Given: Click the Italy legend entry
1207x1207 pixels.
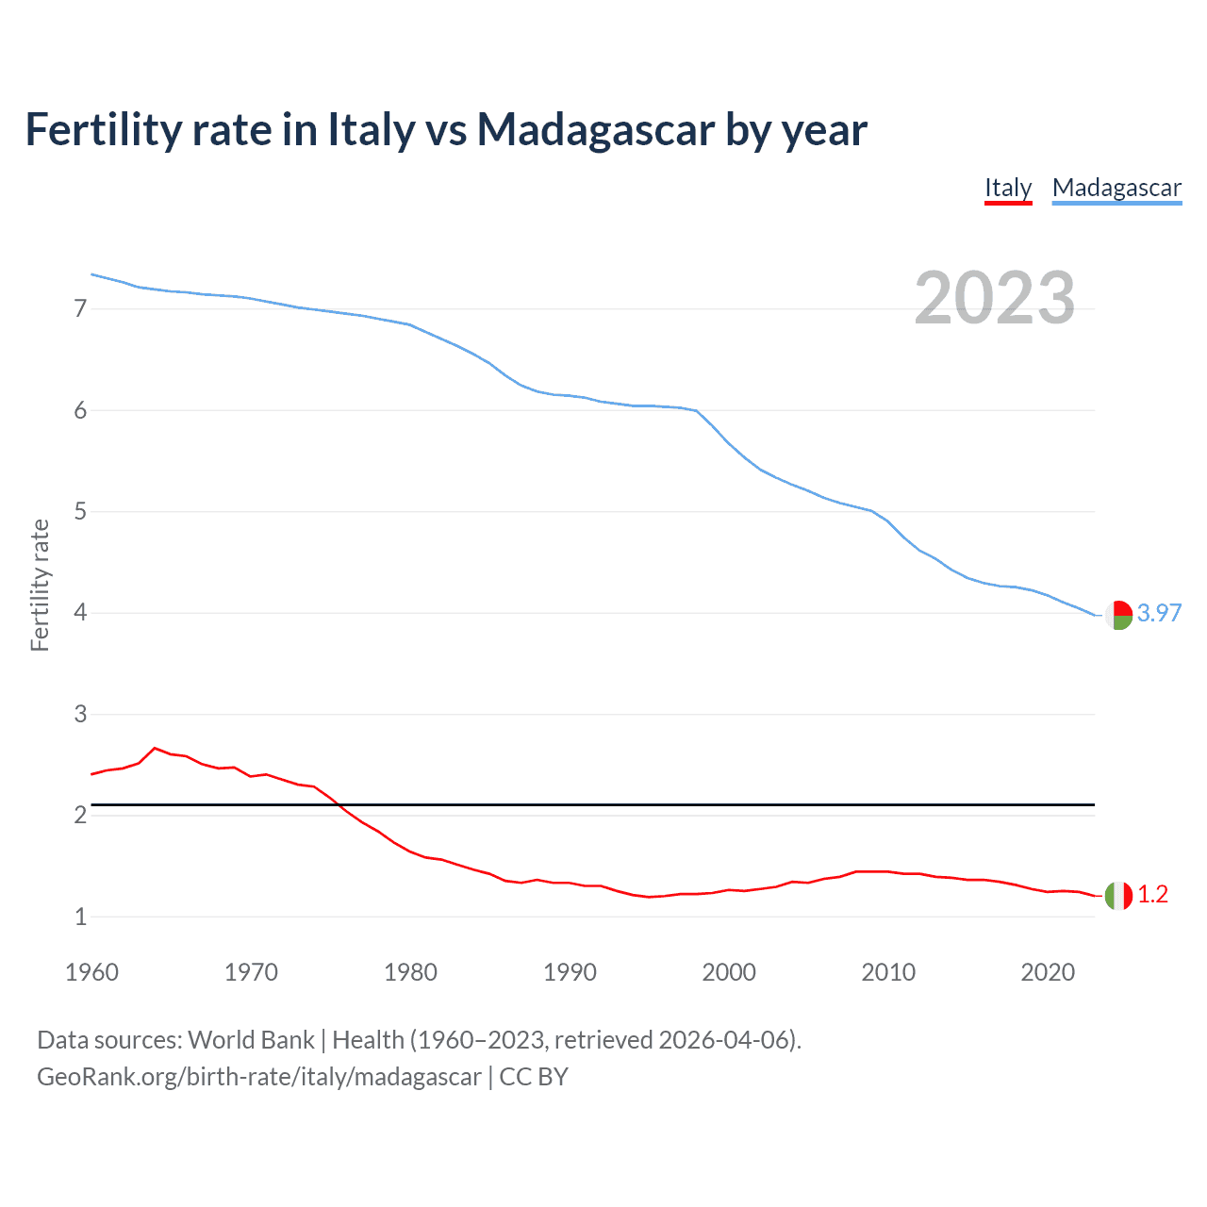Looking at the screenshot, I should click(1008, 188).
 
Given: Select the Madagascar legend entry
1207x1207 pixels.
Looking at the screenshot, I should click(1116, 188).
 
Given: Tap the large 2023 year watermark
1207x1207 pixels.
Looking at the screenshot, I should click(995, 298).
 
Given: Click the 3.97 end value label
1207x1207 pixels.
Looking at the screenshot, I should click(1159, 613).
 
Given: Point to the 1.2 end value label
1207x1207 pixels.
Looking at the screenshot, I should click(1152, 895).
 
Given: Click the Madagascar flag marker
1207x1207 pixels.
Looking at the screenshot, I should click(1118, 615).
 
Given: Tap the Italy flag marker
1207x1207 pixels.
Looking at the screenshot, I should click(1118, 895).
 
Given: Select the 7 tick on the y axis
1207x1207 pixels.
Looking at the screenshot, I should click(80, 308).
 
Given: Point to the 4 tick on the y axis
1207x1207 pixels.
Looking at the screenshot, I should click(80, 613).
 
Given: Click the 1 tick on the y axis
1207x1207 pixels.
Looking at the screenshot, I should click(80, 917).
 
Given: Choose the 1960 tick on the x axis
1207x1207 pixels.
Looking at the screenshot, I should click(91, 972).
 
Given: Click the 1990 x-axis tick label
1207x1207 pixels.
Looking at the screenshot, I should click(570, 972).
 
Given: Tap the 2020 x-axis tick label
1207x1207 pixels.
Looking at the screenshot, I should click(1048, 972).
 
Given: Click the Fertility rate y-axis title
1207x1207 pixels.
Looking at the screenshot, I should click(40, 585).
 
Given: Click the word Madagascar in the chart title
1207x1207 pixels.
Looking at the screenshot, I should click(595, 129).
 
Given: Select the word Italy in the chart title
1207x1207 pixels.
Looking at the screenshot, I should click(371, 129).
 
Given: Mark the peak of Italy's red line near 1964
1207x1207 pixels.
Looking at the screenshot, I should click(155, 748).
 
